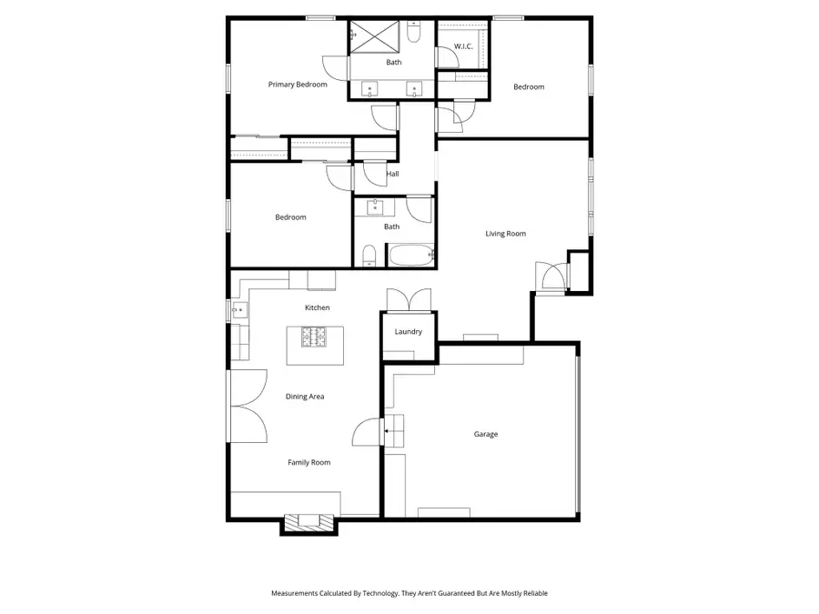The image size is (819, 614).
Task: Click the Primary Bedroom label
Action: click(298, 85)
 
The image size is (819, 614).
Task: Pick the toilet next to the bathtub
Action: click(369, 255)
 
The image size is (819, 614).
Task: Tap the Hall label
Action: click(392, 174)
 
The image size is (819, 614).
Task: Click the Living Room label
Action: click(505, 234)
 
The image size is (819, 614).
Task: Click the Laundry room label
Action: click(409, 332)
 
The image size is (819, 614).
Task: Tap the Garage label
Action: click(485, 435)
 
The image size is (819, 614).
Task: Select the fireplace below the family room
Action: click(308, 522)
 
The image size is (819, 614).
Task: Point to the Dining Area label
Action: click(305, 397)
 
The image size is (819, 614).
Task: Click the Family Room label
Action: click(309, 463)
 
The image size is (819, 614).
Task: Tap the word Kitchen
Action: click(317, 308)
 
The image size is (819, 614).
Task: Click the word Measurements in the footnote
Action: click(297, 593)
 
